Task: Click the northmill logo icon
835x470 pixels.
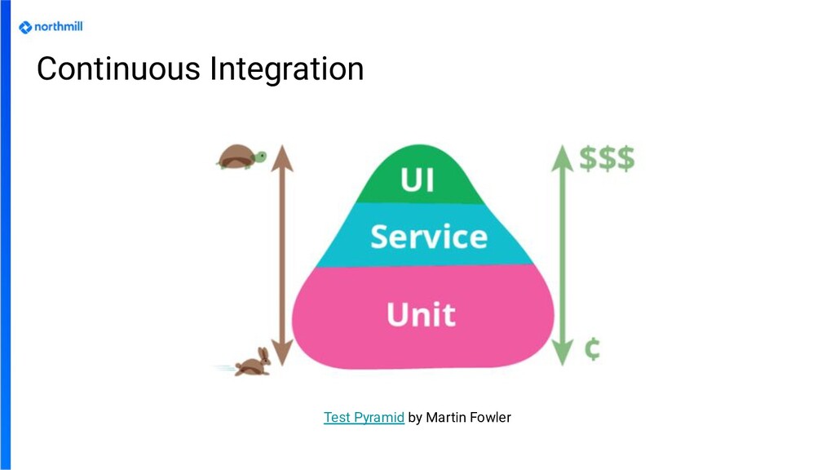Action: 25,27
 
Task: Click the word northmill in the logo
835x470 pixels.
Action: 58,27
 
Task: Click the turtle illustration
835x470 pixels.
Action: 241,156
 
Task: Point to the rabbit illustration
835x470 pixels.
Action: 254,361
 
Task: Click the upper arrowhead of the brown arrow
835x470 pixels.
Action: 281,155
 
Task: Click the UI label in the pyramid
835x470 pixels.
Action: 417,180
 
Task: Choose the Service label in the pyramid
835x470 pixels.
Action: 429,237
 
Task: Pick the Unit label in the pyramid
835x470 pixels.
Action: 421,314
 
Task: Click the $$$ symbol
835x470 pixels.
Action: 607,158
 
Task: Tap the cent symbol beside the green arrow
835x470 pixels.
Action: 593,349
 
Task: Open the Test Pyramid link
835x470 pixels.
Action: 364,418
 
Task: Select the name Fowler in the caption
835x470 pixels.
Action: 492,418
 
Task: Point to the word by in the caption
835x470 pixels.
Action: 415,418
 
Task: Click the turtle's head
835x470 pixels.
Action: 260,155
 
